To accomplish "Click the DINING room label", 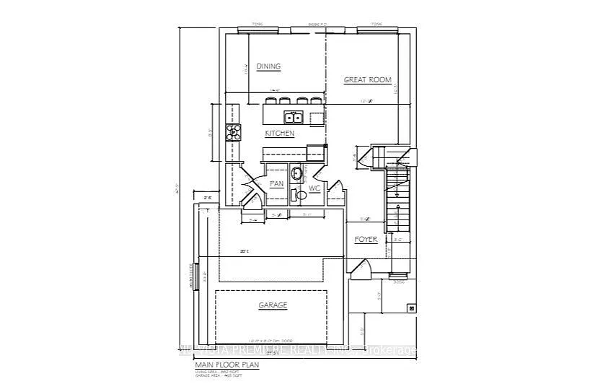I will click(268, 66).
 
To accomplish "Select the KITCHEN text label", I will click(279, 134).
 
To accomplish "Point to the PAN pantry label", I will click(276, 184).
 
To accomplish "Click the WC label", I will click(314, 188).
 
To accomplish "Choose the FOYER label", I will click(366, 239).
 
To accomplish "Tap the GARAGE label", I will click(273, 305).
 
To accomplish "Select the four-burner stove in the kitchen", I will click(234, 131).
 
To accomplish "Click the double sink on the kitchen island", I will click(293, 118).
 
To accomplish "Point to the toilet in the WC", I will click(299, 194).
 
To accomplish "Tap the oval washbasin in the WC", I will click(296, 173).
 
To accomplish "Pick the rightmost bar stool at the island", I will click(316, 100).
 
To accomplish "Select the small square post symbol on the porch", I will click(412, 308).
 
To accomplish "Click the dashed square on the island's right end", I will click(317, 118).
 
